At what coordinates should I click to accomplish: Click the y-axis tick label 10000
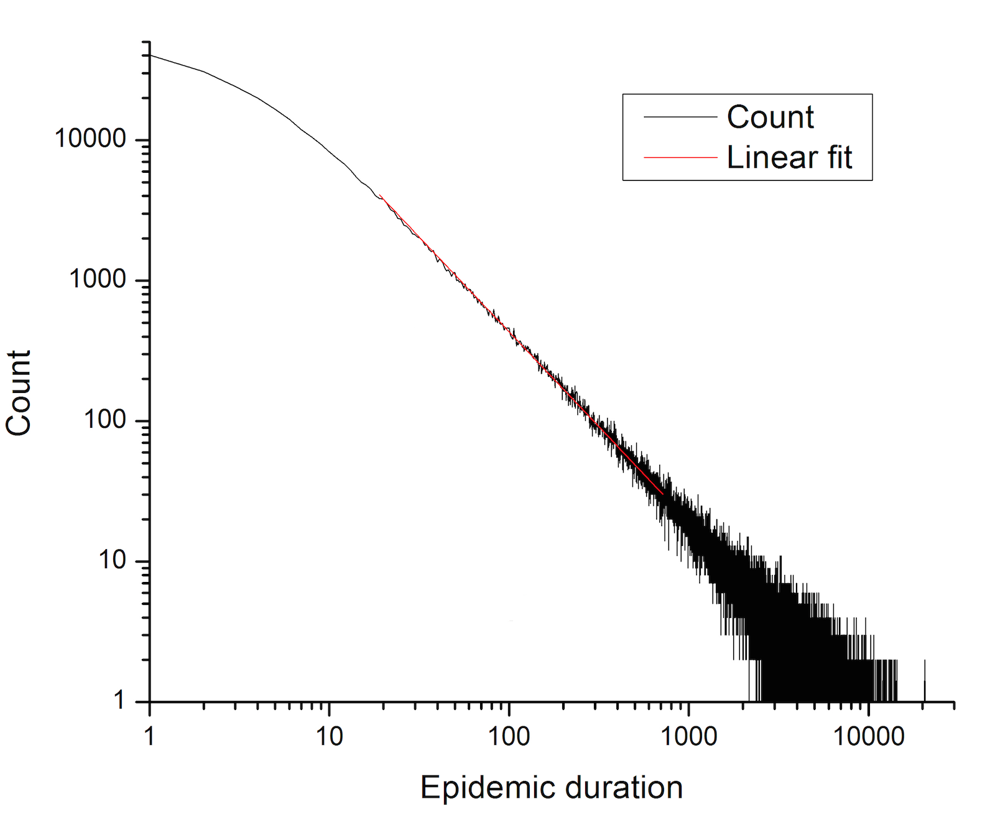point(91,139)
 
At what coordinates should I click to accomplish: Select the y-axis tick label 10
point(113,560)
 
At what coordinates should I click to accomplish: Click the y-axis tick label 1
point(119,700)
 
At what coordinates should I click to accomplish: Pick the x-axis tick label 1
point(150,737)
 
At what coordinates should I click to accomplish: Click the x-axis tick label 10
point(330,737)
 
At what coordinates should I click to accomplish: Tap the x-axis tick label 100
point(509,737)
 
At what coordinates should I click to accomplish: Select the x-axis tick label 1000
point(689,737)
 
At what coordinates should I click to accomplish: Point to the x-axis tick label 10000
point(869,737)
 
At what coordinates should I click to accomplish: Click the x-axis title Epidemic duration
point(552,788)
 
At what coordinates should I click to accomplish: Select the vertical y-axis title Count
point(19,393)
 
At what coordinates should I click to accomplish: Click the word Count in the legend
point(770,117)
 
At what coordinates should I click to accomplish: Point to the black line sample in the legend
point(680,117)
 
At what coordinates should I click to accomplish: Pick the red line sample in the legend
point(680,157)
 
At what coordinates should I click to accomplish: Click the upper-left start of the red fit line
point(380,195)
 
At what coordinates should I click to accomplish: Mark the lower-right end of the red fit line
point(663,494)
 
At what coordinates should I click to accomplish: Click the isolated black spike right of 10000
point(925,681)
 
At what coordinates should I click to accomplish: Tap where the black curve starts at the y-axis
point(150,55)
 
